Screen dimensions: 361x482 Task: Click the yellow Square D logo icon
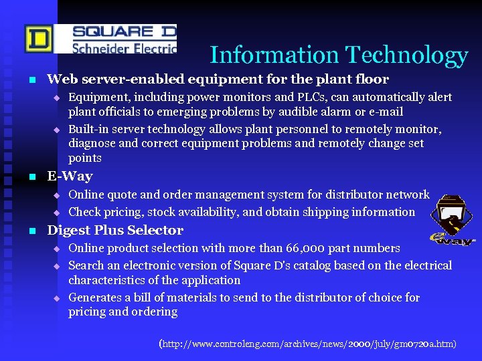[x=37, y=39]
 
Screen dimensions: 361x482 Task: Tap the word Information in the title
[x=273, y=55]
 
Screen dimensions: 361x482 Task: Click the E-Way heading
[x=70, y=176]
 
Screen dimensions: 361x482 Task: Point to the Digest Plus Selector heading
[x=115, y=231]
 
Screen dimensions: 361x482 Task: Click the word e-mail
[x=382, y=111]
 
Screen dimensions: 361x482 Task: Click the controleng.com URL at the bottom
[x=308, y=344]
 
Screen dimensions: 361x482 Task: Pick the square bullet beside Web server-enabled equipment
[x=31, y=80]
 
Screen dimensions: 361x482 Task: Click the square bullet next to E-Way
[x=31, y=177]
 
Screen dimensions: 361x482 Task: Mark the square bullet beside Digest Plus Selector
[x=31, y=231]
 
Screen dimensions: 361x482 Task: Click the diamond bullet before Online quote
[x=57, y=196]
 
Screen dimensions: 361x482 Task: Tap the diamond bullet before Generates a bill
[x=57, y=298]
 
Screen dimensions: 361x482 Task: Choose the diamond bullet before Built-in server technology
[x=57, y=130]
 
